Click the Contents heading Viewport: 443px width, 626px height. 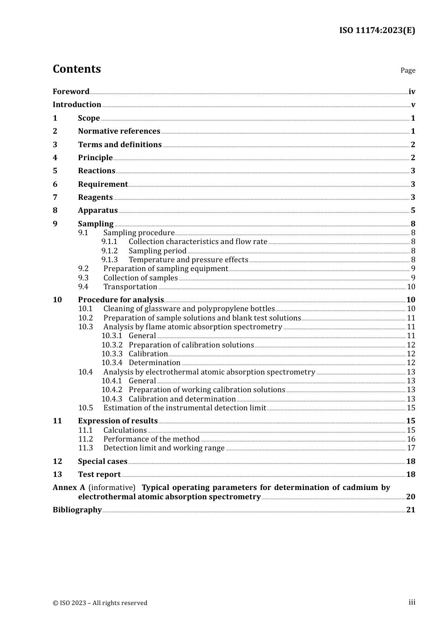click(76, 69)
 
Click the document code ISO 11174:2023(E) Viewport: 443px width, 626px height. click(377, 31)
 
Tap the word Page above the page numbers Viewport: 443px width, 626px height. click(408, 70)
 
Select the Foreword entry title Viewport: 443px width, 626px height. click(71, 92)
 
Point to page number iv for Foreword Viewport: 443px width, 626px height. click(412, 92)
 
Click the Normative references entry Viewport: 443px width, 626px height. click(119, 131)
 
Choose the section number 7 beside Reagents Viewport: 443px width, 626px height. click(55, 197)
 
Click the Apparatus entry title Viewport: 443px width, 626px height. click(97, 211)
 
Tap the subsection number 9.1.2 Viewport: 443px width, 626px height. click(110, 251)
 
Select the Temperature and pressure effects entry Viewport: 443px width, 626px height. click(188, 260)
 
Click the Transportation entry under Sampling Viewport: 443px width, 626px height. click(130, 287)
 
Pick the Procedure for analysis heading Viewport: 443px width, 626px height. click(121, 300)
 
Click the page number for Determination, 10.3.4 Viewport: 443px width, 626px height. click(411, 363)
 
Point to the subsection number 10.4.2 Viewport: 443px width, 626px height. click(112, 390)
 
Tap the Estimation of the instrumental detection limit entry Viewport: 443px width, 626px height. click(185, 408)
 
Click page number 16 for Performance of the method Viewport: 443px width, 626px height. click(411, 439)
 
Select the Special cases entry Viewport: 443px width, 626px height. click(103, 462)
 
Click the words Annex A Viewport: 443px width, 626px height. click(69, 488)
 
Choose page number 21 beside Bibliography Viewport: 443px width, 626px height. click(410, 510)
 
